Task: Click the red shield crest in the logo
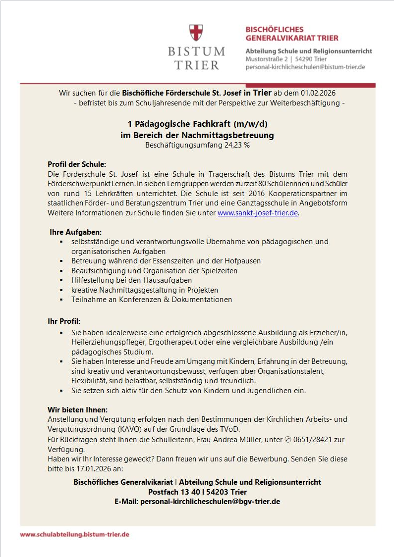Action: [x=196, y=33]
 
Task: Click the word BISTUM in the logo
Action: [x=196, y=51]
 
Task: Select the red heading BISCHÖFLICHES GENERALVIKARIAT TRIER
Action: [x=292, y=34]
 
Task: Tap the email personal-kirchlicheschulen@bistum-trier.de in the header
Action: [x=305, y=67]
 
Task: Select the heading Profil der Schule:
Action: [x=77, y=164]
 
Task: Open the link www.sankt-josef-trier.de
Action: [x=258, y=213]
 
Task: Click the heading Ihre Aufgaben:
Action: [x=76, y=231]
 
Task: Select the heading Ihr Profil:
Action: [x=64, y=321]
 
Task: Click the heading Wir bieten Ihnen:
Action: [x=77, y=409]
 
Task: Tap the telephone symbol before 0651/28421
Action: [x=288, y=439]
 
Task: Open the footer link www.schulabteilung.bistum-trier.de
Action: [x=75, y=535]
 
